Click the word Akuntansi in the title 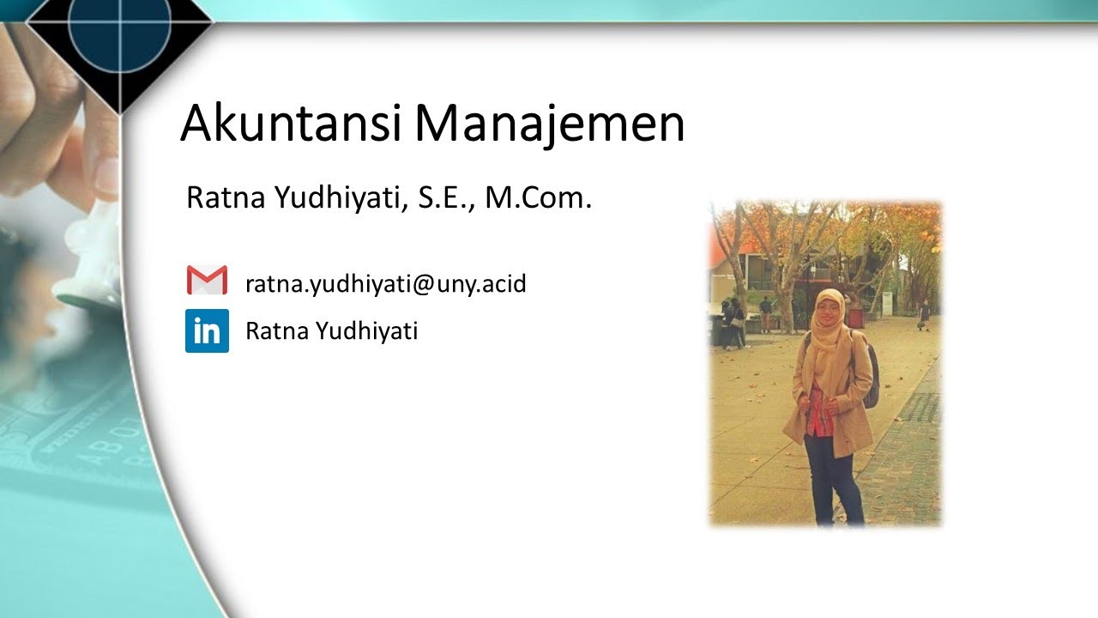coord(291,124)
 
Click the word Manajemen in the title coord(550,124)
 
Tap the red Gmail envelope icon coord(207,281)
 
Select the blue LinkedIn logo coord(207,330)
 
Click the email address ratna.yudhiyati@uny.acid coord(385,283)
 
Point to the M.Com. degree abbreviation coord(539,199)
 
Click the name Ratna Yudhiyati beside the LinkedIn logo coord(331,331)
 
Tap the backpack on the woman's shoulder coord(870,378)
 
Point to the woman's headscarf coord(828,322)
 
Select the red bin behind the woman coord(855,318)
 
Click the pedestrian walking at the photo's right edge coord(924,314)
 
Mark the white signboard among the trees coord(886,303)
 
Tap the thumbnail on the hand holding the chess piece coord(106,177)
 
